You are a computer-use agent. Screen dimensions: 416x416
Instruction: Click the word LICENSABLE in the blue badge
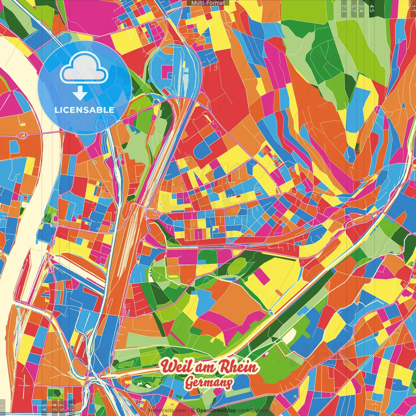[x=84, y=110]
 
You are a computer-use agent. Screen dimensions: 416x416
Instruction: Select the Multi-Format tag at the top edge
[x=208, y=3]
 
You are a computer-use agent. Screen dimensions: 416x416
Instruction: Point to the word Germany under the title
[x=208, y=383]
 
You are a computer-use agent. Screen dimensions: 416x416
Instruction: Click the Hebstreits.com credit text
[x=167, y=410]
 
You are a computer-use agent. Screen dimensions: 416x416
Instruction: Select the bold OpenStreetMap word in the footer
[x=216, y=410]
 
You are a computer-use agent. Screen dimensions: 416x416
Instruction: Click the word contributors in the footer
[x=252, y=410]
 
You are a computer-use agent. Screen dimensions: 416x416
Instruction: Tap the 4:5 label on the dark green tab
[x=372, y=8]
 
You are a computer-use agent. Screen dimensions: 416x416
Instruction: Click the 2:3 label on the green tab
[x=344, y=8]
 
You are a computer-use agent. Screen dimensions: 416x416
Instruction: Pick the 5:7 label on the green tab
[x=354, y=8]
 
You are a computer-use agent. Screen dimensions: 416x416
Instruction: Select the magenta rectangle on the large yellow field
[x=261, y=276]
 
